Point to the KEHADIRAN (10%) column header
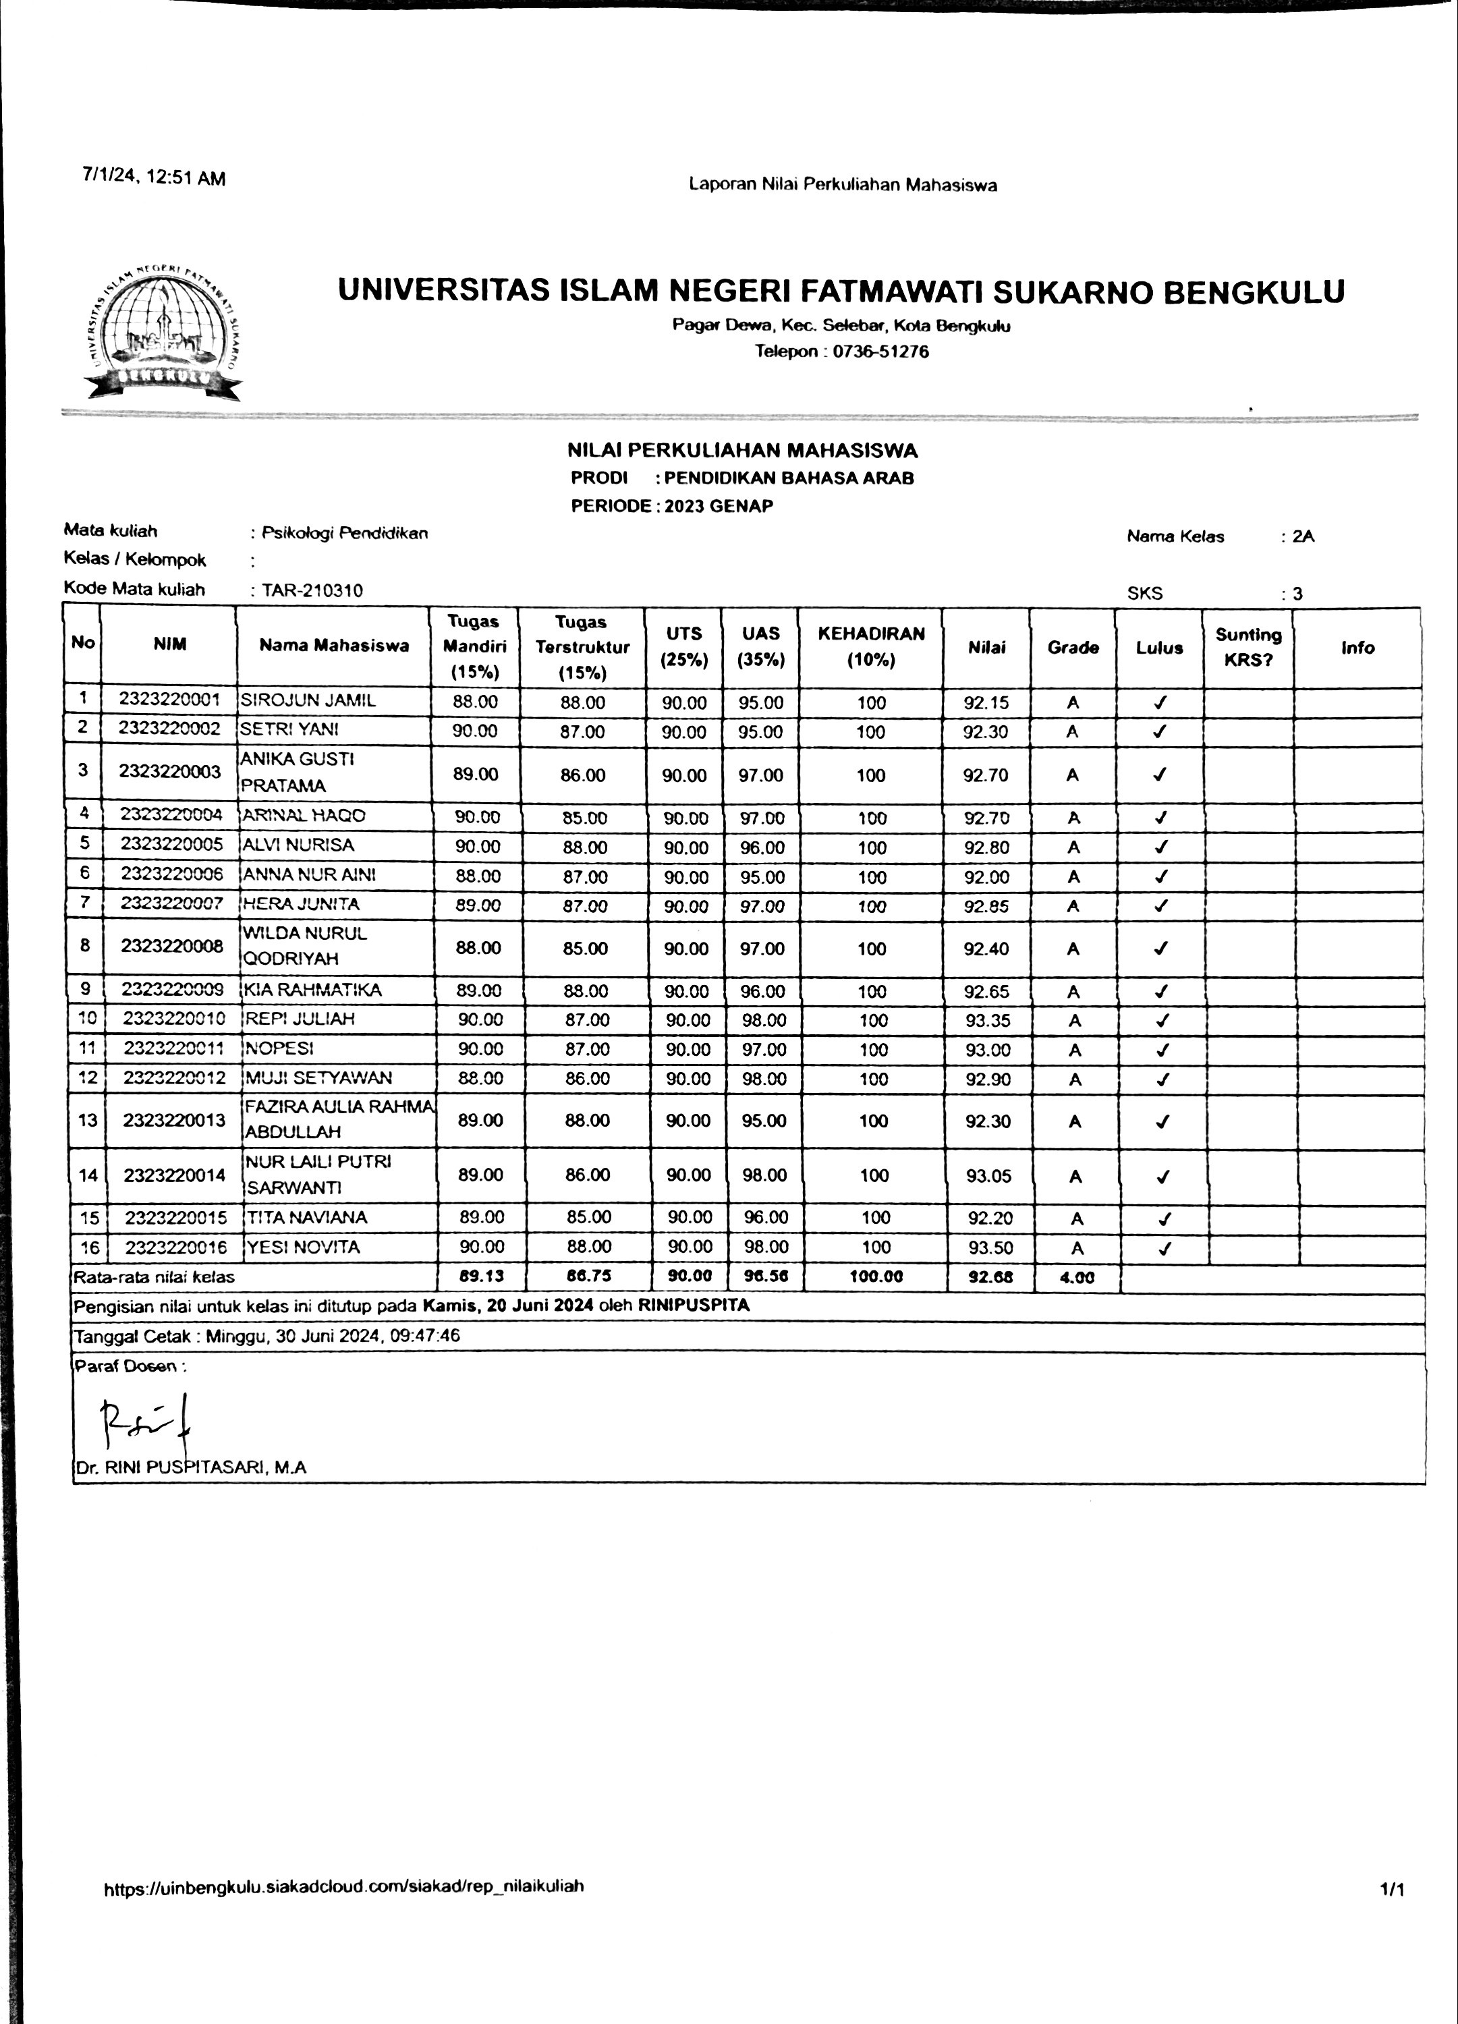(x=871, y=646)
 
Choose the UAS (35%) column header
(x=760, y=646)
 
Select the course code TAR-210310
(x=312, y=590)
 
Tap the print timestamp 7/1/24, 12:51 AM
(x=153, y=177)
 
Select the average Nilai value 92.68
(x=990, y=1277)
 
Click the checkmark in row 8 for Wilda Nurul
(x=1160, y=949)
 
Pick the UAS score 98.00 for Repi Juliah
(x=764, y=1020)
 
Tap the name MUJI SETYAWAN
(x=318, y=1078)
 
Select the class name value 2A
(x=1303, y=536)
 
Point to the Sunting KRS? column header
(x=1247, y=647)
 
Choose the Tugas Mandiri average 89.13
(x=480, y=1276)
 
